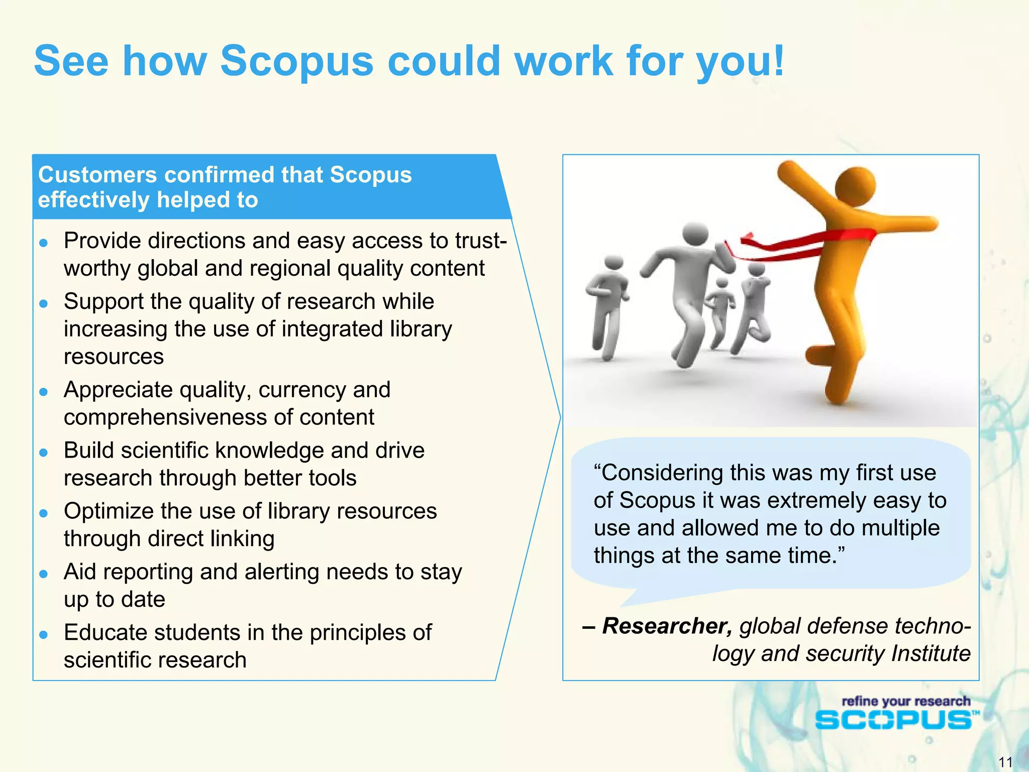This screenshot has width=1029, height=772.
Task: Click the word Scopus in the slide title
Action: [x=296, y=61]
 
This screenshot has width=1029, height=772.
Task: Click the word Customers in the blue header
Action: [x=98, y=175]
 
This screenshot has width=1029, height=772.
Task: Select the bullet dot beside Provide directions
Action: [x=44, y=243]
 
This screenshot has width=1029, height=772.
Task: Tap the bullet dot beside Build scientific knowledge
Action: [x=44, y=453]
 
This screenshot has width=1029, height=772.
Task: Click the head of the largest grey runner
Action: [x=695, y=234]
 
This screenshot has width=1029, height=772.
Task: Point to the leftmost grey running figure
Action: [x=607, y=306]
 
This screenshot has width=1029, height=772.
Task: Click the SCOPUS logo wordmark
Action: [x=893, y=720]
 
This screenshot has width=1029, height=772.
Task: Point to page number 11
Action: [x=1005, y=762]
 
